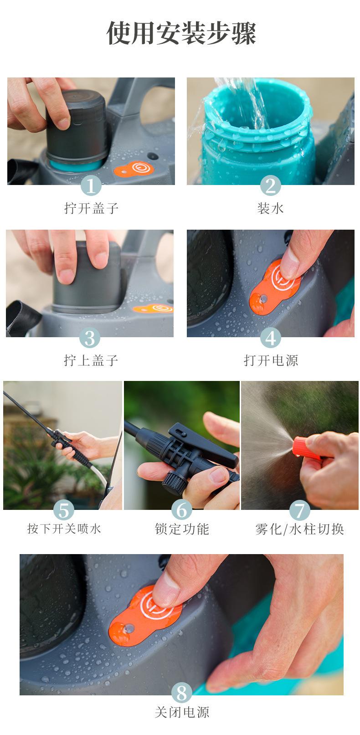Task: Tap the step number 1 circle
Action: (x=91, y=186)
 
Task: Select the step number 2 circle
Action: (x=271, y=186)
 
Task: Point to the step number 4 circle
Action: (x=271, y=338)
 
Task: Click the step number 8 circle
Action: (x=182, y=693)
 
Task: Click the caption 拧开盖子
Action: (x=91, y=209)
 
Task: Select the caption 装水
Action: (x=271, y=209)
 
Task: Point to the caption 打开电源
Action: (x=271, y=361)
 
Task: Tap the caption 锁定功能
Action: (x=182, y=529)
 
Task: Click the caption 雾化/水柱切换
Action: (x=299, y=529)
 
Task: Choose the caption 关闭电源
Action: (x=182, y=712)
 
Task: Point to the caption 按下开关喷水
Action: (x=64, y=529)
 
